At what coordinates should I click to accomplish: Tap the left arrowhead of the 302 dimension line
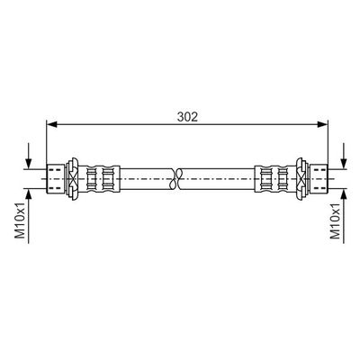(x=50, y=127)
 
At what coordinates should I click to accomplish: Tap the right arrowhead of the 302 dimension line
(x=308, y=127)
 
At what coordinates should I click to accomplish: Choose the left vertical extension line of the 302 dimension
(x=47, y=144)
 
